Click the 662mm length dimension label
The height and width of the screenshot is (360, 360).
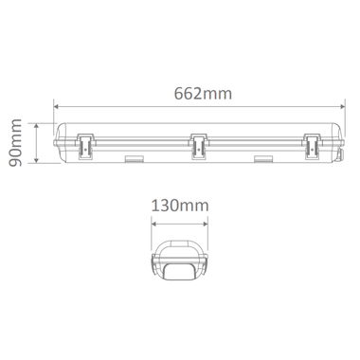coord(203,93)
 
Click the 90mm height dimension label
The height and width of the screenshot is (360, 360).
coord(15,143)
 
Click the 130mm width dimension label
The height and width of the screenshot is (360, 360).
coord(180,206)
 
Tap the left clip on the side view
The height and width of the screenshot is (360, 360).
coord(85,146)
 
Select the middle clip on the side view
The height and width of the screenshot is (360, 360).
coord(198,146)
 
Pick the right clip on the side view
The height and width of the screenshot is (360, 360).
coord(312,146)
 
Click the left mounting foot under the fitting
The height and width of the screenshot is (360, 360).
coord(134,159)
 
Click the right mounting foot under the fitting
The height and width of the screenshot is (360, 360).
coord(263,159)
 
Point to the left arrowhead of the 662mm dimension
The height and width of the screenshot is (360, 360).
coord(57,107)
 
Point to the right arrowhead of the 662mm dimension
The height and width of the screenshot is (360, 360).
coord(342,107)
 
